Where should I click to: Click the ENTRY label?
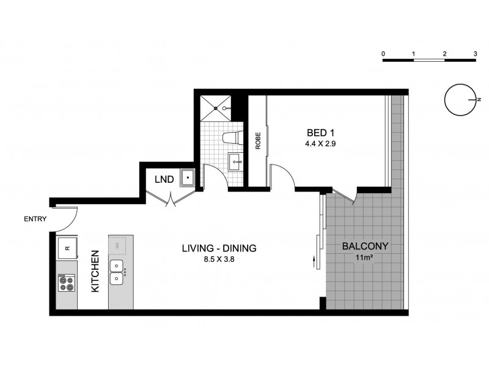point(35,219)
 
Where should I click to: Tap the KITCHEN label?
point(96,271)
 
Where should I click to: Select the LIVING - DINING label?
point(218,248)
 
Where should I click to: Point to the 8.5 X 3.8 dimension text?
point(218,259)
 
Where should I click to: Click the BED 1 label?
point(320,133)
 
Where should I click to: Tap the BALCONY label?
point(365,247)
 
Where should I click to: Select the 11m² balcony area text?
point(365,258)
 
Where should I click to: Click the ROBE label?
point(259,140)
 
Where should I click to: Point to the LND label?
point(164,179)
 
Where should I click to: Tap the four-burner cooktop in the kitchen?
point(66,283)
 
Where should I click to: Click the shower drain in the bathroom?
point(218,108)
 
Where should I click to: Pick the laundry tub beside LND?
point(186,177)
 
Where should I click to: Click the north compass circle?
point(460,100)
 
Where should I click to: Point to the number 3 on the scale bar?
point(475,54)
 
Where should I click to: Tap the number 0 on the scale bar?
point(383,54)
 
